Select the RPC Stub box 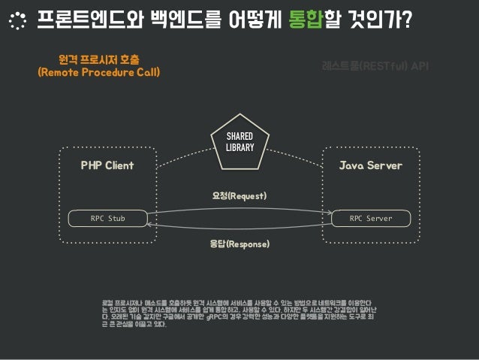[x=107, y=219]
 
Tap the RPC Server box [x=371, y=219]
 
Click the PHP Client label [x=107, y=165]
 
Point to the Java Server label [x=371, y=165]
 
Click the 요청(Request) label [x=239, y=195]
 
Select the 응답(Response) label [x=239, y=244]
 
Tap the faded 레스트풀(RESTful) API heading [x=375, y=66]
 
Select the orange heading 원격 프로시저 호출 [x=104, y=58]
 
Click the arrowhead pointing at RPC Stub [x=149, y=224]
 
